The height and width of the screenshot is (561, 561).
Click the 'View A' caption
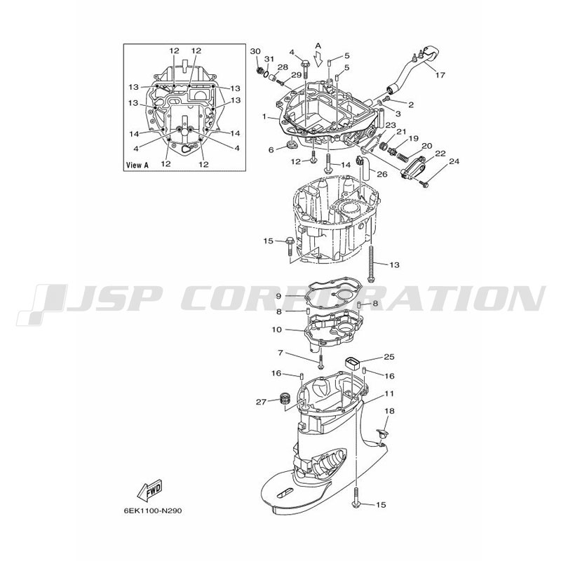(x=137, y=165)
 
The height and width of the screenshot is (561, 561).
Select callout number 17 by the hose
(x=440, y=75)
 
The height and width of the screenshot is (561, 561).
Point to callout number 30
(x=255, y=51)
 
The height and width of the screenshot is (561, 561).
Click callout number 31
(x=269, y=59)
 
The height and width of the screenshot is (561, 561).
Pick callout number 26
(x=382, y=174)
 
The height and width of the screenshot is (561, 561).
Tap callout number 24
(x=454, y=161)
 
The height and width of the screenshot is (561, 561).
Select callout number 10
(x=277, y=330)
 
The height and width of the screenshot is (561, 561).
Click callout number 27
(x=261, y=402)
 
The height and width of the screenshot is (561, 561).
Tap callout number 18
(x=389, y=411)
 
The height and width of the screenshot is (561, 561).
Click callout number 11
(x=389, y=393)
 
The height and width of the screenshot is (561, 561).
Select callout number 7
(x=280, y=353)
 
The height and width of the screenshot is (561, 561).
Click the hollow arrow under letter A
(x=318, y=59)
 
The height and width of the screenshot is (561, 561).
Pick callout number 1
(x=264, y=116)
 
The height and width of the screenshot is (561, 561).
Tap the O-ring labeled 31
(x=266, y=74)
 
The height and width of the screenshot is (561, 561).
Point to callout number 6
(x=271, y=150)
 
